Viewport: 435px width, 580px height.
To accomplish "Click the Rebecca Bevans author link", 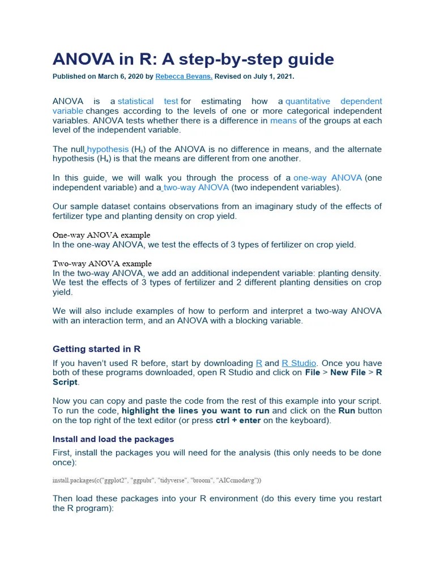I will [x=184, y=76].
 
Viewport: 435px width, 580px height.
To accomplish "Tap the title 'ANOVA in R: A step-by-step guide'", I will [x=193, y=59].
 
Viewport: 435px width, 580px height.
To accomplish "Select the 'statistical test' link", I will [x=148, y=101].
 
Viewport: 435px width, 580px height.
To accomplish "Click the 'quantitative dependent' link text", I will [x=333, y=101].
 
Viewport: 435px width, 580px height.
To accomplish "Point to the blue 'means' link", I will [x=283, y=121].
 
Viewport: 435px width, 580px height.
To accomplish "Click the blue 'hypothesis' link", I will [x=108, y=150].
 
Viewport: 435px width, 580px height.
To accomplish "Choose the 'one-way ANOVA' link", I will [x=327, y=178].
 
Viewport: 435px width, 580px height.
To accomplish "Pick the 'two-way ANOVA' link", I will [x=196, y=187].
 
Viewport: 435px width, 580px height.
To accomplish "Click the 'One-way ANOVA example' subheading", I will [x=101, y=235].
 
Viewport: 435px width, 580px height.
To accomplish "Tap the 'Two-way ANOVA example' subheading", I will [x=102, y=263].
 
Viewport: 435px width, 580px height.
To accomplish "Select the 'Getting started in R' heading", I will [x=96, y=349].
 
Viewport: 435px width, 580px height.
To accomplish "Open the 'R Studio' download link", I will [x=300, y=363].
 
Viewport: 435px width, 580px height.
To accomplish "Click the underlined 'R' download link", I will [x=259, y=363].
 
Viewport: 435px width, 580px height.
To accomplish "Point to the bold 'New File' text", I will [x=348, y=373].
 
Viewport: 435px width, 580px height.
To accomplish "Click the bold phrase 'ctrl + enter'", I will [x=238, y=420].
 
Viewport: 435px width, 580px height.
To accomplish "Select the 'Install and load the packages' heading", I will [x=113, y=439].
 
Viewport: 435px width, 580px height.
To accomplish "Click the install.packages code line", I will [x=157, y=480].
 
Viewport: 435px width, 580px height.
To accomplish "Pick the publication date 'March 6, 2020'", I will [x=117, y=76].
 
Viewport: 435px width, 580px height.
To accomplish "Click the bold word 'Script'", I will [x=65, y=382].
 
